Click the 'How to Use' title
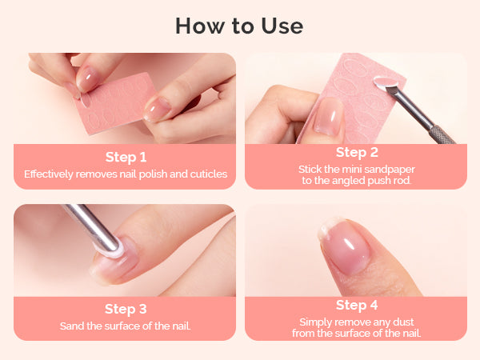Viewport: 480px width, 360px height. point(239,26)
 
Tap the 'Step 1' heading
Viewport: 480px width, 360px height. point(126,157)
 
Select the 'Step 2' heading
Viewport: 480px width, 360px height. point(357,153)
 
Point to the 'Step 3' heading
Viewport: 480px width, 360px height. point(126,309)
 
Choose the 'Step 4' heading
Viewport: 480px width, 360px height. point(357,305)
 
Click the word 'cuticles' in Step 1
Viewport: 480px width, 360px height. point(209,174)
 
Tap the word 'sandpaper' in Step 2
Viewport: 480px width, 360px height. point(390,170)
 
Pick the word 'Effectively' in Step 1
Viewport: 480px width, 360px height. point(49,174)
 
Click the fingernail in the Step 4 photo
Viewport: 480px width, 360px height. point(343,246)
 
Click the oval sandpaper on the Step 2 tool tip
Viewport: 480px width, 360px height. point(386,82)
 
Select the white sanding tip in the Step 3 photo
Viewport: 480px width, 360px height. point(113,249)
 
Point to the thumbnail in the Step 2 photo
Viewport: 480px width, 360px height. point(327,116)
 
